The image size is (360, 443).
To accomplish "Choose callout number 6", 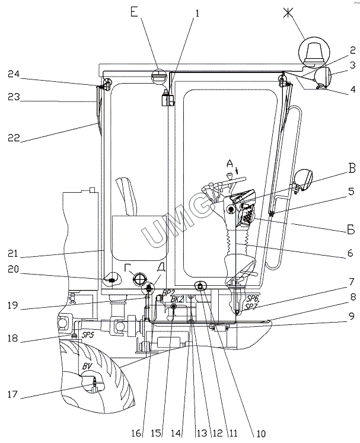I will pyautogui.click(x=351, y=254).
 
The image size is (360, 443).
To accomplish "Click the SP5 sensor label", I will pyautogui.click(x=87, y=335).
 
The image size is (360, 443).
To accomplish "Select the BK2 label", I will pyautogui.click(x=176, y=299).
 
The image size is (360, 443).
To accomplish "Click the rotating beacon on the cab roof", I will pyautogui.click(x=314, y=52).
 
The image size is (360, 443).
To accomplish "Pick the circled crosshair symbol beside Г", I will pyautogui.click(x=140, y=279).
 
